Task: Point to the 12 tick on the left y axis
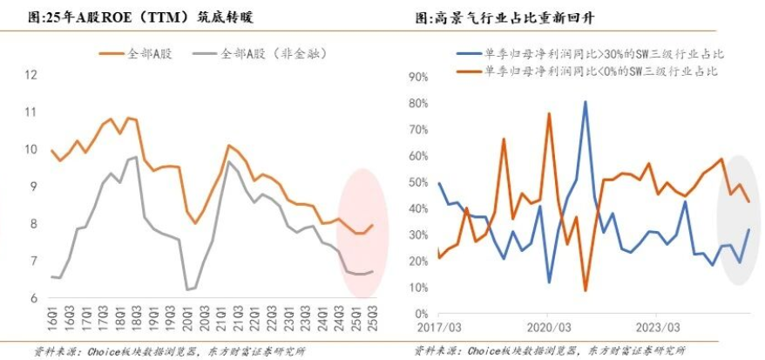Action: [31, 75]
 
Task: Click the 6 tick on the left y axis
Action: [33, 298]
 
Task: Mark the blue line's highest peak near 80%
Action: [585, 102]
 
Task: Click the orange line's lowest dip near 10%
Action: [585, 290]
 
